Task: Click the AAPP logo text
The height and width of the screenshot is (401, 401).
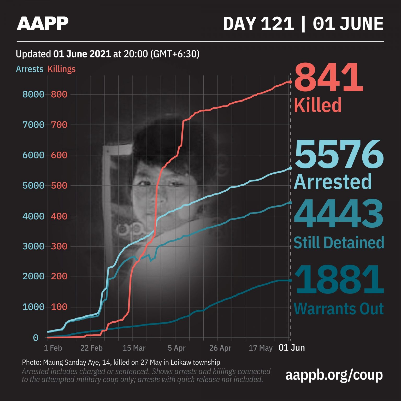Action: pos(43,23)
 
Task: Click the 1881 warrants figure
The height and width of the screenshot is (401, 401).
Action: pos(339,280)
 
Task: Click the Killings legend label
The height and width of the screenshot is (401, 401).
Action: pos(61,69)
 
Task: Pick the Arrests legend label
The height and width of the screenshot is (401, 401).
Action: pos(30,69)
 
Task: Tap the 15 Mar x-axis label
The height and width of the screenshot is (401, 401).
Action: pos(134,348)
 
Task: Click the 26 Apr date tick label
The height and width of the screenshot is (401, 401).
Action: pos(220,348)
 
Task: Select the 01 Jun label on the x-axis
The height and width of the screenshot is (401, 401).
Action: pos(292,347)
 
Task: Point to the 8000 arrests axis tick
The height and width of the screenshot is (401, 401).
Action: pos(33,94)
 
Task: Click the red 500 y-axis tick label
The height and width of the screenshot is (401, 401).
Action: pos(59,186)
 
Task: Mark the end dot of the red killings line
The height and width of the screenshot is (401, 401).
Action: pos(290,82)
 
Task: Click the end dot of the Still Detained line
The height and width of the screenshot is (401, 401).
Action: pos(290,203)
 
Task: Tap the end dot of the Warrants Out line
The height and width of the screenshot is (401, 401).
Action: pos(290,280)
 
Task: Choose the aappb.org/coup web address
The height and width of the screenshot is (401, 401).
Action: pos(334,375)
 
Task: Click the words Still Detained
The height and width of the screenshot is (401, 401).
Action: pos(339,243)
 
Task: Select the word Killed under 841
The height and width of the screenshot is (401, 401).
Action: pos(318,105)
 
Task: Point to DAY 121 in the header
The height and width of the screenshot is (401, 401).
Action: pos(258,23)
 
